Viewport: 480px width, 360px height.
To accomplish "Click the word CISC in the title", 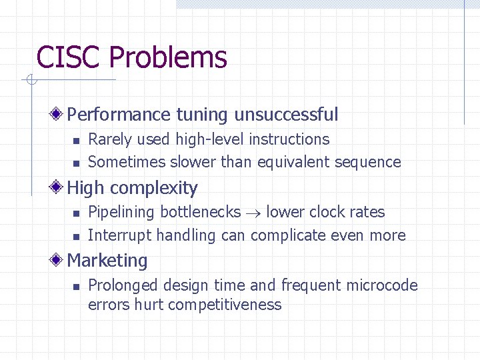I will (x=69, y=57).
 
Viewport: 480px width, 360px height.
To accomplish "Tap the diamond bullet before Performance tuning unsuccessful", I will (x=59, y=115).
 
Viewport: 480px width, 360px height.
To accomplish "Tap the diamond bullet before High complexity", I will (x=59, y=188).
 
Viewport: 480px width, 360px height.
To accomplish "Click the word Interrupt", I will (x=119, y=235).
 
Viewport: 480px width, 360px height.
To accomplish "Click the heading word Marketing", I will (x=107, y=261).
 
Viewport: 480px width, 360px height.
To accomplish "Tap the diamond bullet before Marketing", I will (x=59, y=261).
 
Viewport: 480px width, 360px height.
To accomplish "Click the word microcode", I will (x=384, y=285).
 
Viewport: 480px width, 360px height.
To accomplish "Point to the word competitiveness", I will (x=225, y=305).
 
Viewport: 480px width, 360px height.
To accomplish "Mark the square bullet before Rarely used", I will (x=76, y=140).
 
